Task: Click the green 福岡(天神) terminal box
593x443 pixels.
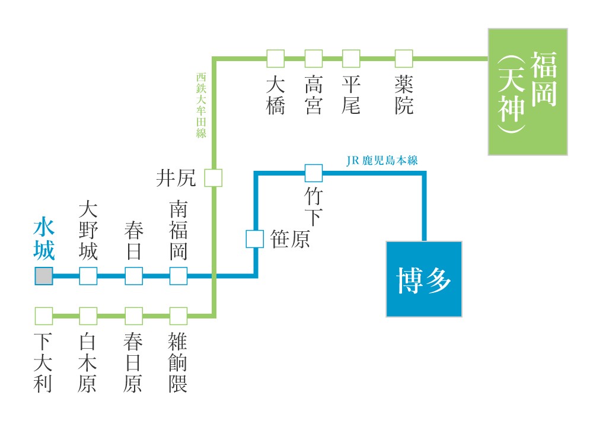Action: pos(528,92)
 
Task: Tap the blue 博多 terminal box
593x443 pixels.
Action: pos(423,279)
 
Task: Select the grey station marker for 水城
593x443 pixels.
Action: pos(44,276)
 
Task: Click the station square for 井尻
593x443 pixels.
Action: pos(213,178)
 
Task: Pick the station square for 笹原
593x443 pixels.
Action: pos(255,239)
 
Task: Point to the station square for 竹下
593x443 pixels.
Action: pos(314,173)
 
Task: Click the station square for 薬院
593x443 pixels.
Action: pos(404,59)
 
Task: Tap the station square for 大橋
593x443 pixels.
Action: pos(275,59)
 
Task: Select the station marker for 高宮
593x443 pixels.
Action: pos(314,59)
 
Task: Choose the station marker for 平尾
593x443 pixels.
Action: pos(352,59)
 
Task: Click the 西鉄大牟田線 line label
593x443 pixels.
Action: pos(201,106)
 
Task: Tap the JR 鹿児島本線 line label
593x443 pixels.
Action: pos(385,161)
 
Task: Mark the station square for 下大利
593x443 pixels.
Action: pos(44,316)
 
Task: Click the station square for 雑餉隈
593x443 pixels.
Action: pos(178,316)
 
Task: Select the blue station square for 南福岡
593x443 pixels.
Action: pos(178,276)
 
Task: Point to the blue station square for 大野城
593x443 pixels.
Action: pos(88,276)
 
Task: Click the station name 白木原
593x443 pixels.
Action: pos(88,363)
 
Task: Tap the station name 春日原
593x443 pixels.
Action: pos(133,363)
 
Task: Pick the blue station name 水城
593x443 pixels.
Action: pos(44,239)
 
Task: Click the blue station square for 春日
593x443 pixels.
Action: pos(133,276)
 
